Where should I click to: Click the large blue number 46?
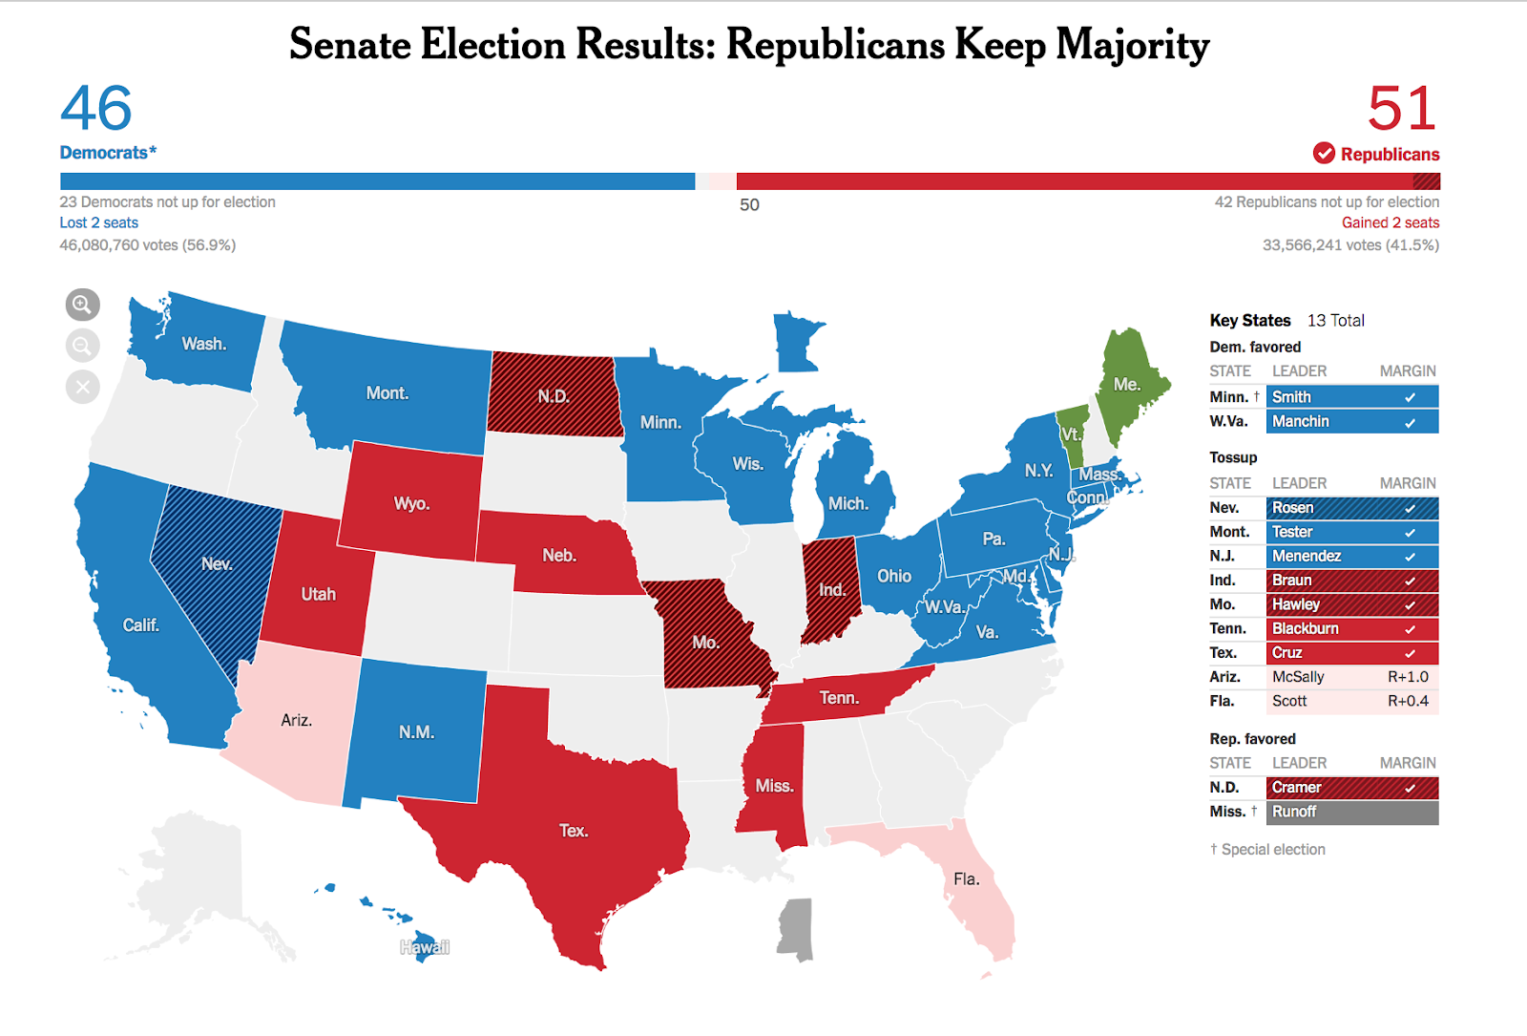click(x=96, y=109)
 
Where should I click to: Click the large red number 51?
click(x=1401, y=109)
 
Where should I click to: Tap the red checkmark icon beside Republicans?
click(x=1324, y=154)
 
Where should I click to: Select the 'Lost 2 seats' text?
click(x=98, y=222)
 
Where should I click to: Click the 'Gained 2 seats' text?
click(x=1390, y=222)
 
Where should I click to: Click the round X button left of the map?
click(x=83, y=387)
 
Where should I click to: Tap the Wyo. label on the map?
click(x=411, y=503)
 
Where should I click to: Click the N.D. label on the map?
click(x=553, y=396)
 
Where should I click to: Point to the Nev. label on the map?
click(x=217, y=563)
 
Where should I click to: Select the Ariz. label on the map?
click(x=296, y=720)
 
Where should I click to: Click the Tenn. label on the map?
click(x=839, y=698)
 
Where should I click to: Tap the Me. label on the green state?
click(x=1126, y=384)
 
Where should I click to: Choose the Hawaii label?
click(x=425, y=947)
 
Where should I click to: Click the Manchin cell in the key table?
click(x=1351, y=421)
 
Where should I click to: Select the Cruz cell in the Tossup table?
click(x=1351, y=653)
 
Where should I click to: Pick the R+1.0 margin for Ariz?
click(x=1407, y=677)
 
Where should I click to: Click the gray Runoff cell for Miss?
click(x=1351, y=812)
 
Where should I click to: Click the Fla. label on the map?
click(x=966, y=878)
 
